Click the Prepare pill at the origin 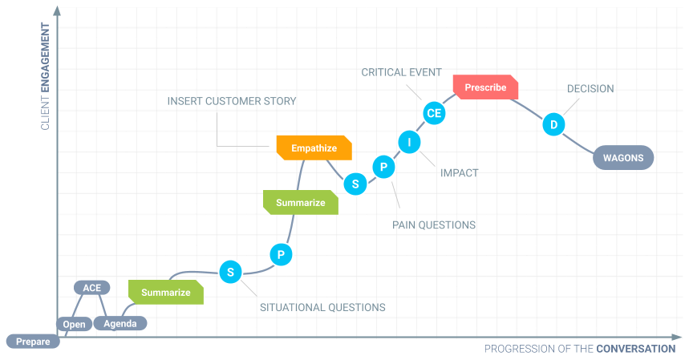33,342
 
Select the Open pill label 74,324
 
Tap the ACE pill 91,287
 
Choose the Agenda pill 120,324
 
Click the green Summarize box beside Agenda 166,293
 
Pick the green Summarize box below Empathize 301,203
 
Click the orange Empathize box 314,148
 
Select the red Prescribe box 485,87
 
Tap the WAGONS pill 623,158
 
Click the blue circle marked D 553,124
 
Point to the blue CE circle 434,113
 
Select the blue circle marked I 409,142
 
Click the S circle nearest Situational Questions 230,272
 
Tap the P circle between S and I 383,167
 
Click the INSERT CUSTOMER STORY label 232,102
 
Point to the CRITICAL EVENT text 400,73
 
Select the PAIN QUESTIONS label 434,225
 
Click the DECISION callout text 590,89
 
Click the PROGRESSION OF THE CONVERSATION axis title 580,349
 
